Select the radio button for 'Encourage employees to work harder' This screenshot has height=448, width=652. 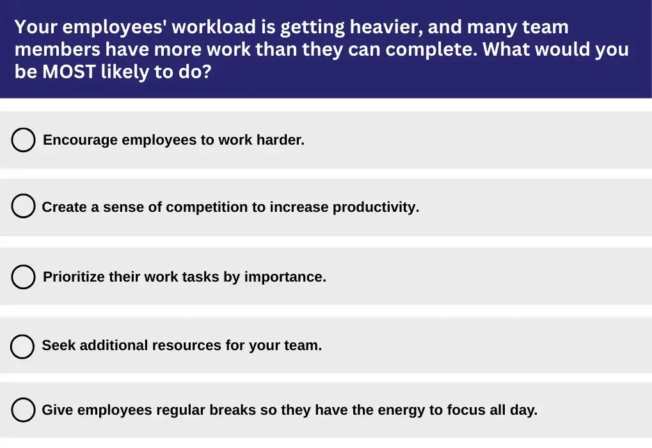[x=23, y=140]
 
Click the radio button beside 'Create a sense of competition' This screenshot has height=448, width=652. [x=23, y=206]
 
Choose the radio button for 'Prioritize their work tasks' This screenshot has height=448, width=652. [x=23, y=276]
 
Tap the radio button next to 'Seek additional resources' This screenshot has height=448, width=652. [x=22, y=346]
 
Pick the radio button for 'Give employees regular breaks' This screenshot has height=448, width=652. [x=23, y=410]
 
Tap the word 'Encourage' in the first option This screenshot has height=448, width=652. [x=80, y=140]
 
